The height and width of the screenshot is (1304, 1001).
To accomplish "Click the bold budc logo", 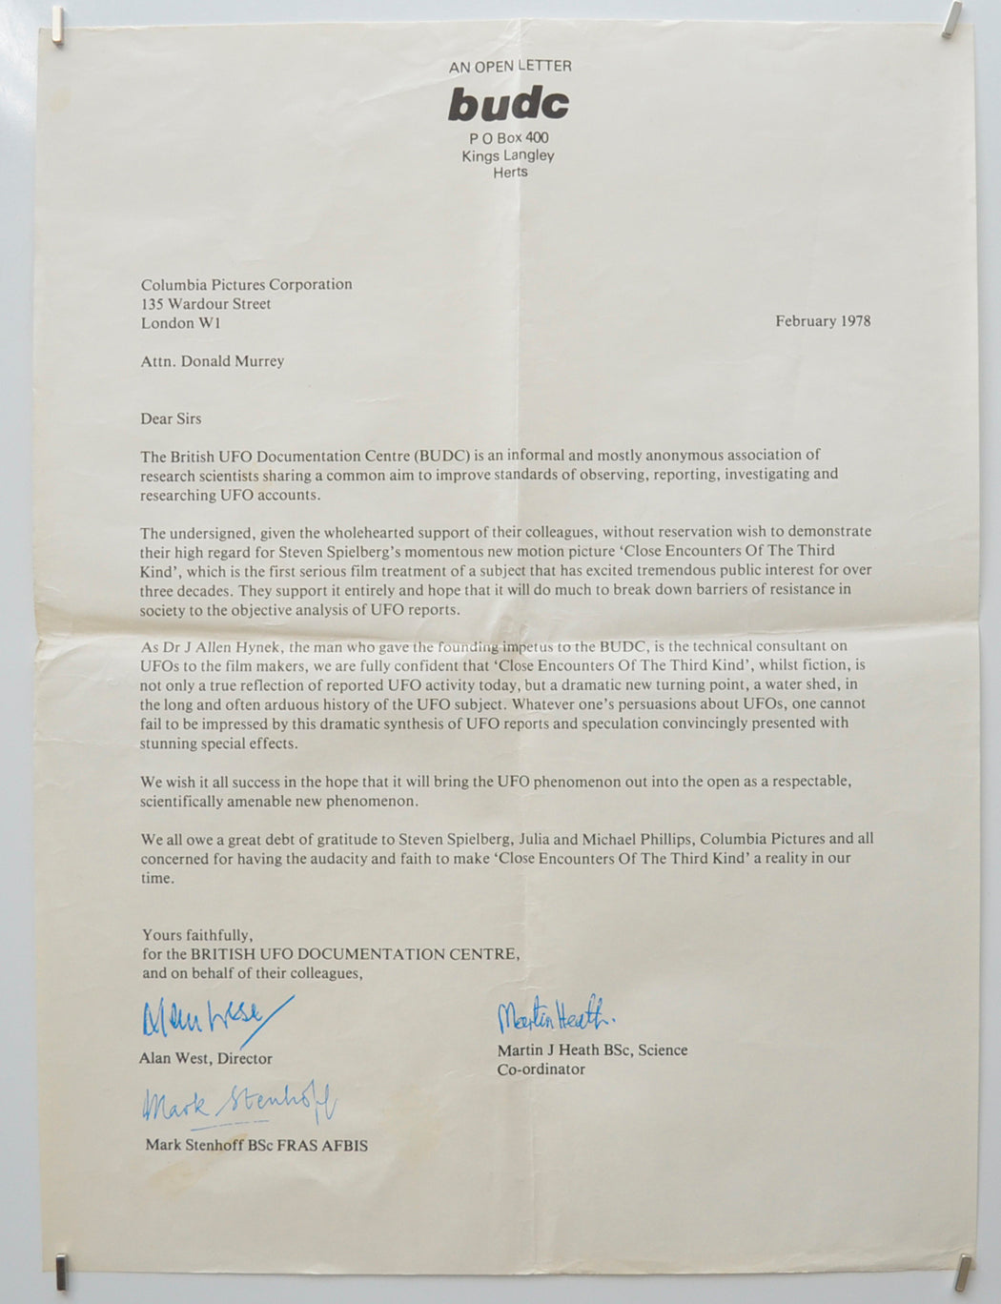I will [508, 104].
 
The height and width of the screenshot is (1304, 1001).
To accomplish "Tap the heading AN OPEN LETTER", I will [510, 66].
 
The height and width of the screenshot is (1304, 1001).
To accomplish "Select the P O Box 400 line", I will [509, 138].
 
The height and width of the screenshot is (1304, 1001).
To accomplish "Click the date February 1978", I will [823, 321].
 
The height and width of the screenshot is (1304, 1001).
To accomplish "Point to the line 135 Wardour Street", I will [206, 304].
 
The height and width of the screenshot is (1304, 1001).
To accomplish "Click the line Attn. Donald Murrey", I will [213, 361].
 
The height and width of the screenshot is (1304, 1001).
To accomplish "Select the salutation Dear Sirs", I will [172, 418].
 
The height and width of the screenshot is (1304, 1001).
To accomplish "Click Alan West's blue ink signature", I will [214, 1022].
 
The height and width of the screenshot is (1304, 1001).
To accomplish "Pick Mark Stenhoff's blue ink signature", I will [239, 1106].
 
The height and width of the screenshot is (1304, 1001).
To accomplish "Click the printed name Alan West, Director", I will [206, 1059].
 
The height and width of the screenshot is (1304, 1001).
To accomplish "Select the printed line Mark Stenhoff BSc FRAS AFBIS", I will [256, 1145].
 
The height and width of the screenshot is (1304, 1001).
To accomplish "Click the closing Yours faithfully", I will [198, 935].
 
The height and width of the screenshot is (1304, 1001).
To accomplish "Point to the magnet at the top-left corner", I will [58, 26].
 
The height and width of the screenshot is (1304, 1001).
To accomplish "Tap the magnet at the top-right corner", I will [950, 19].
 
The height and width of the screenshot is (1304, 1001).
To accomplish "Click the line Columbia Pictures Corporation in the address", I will [247, 284].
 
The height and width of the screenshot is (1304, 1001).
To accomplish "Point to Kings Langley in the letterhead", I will [508, 155].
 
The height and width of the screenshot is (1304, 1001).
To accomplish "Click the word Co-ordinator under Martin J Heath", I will [541, 1070].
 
